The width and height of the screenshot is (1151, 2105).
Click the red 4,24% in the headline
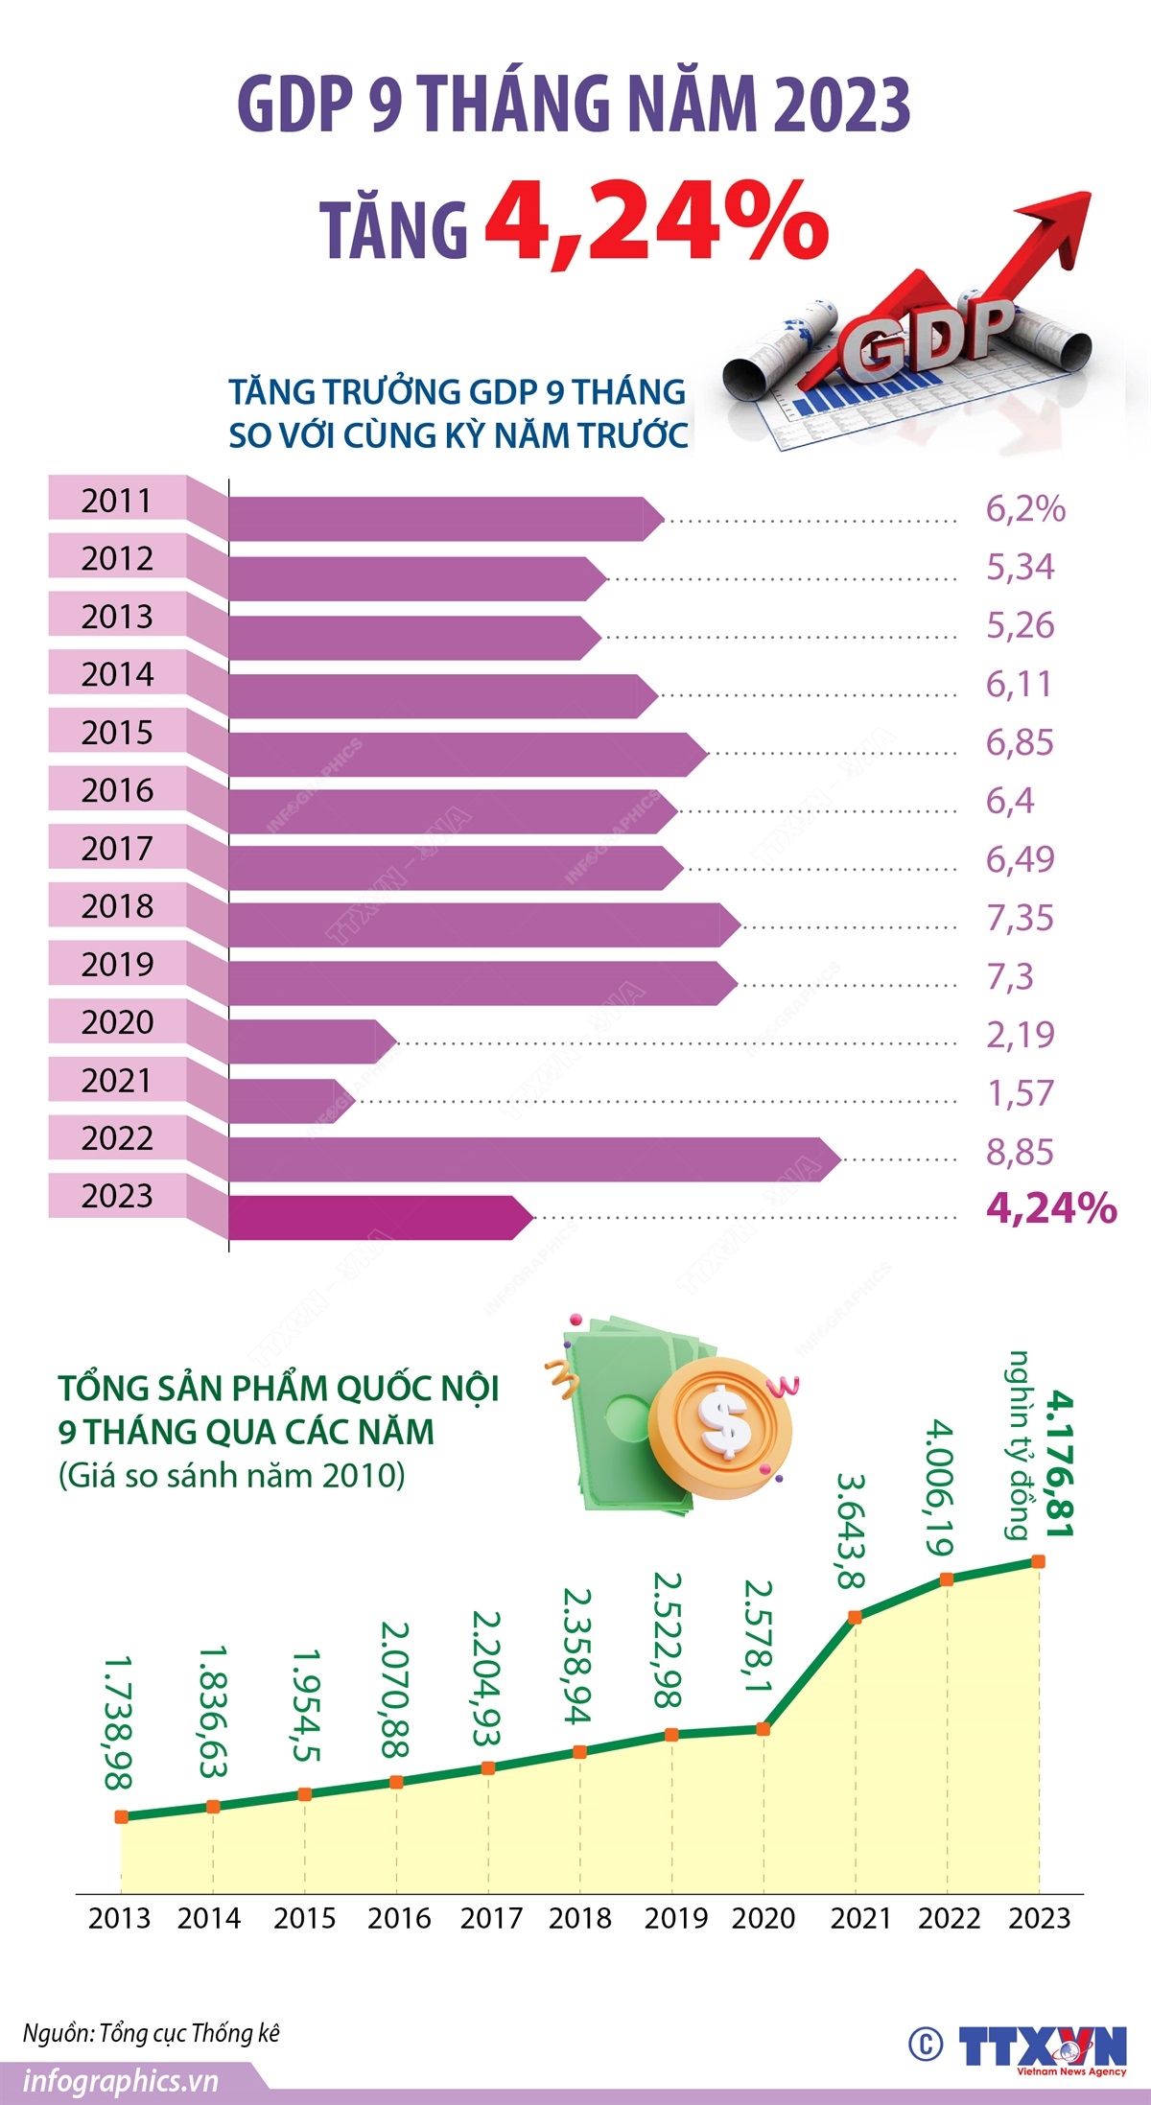tap(656, 222)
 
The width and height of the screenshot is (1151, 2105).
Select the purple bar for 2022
tap(528, 1158)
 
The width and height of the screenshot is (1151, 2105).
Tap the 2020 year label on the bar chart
tap(117, 1022)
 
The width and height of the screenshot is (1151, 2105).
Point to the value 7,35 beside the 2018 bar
tap(1020, 918)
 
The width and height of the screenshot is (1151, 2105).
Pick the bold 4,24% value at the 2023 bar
tap(1051, 1208)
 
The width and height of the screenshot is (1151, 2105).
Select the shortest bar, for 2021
tap(288, 1101)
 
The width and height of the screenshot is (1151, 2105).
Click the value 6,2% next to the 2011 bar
tap(1025, 509)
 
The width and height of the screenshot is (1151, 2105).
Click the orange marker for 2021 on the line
tap(856, 1617)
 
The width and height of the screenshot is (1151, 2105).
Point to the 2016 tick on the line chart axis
tap(399, 1918)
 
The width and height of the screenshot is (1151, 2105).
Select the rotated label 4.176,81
tap(1059, 1463)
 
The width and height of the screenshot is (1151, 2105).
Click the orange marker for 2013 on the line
tap(121, 1816)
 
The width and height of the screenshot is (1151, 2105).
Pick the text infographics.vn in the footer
tap(121, 2081)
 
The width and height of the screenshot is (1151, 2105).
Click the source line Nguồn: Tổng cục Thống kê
tap(152, 2032)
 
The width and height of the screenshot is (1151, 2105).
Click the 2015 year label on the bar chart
tap(117, 733)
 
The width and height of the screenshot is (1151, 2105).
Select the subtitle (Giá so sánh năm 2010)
tap(232, 1474)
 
